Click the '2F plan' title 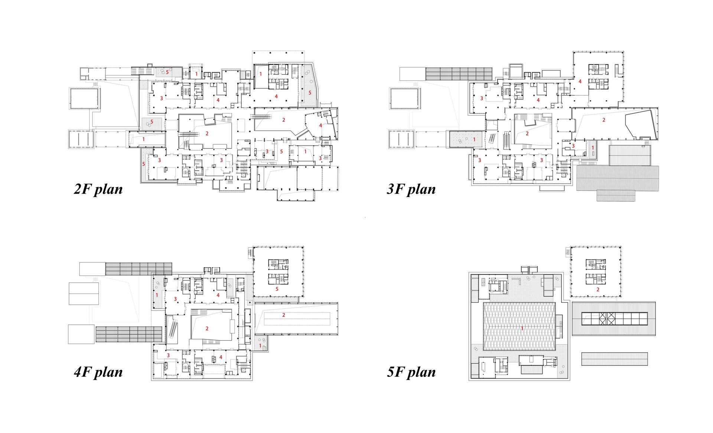tap(98, 189)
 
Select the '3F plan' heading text tap(411, 189)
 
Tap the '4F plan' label tap(98, 372)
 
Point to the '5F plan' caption tap(411, 372)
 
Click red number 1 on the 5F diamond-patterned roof tap(522, 328)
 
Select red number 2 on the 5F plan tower tap(598, 290)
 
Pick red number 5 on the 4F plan tap(277, 289)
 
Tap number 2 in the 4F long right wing tap(284, 315)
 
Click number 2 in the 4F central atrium tap(207, 328)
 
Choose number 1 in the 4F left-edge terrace tap(157, 295)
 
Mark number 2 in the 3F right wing tap(604, 120)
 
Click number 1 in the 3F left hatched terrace tap(474, 140)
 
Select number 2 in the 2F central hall tap(207, 134)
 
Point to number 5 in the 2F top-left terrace tap(167, 72)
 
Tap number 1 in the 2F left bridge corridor tap(144, 139)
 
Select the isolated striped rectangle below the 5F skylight tap(614, 359)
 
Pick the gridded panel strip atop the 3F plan tap(459, 73)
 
